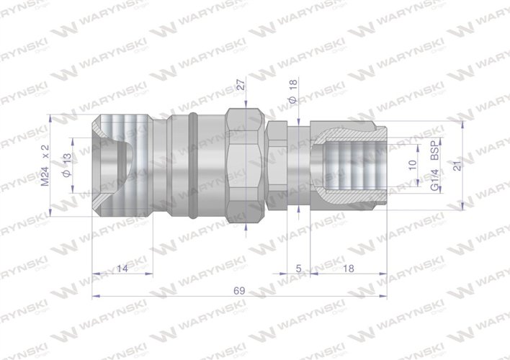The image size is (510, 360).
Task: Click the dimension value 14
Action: [120, 268]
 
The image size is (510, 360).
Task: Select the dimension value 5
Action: [298, 268]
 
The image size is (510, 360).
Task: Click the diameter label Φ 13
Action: [68, 166]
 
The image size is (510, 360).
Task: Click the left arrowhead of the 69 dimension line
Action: [96, 295]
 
